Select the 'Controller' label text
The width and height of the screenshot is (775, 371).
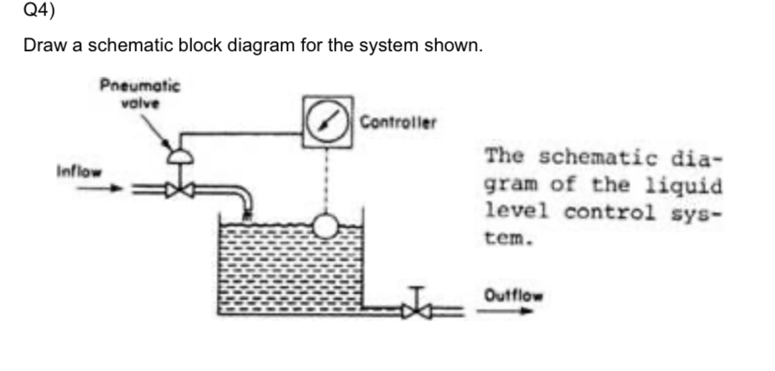[x=397, y=123]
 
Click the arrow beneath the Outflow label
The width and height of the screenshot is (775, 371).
[x=508, y=312]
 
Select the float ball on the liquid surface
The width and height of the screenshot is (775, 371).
[x=326, y=225]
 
